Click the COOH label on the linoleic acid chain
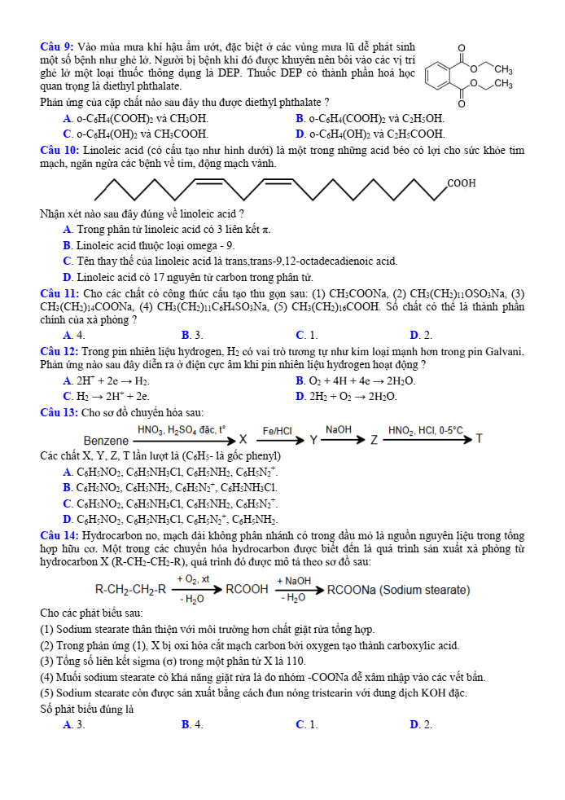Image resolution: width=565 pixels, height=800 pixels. tap(462, 183)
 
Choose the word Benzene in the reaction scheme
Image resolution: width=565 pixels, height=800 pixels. tap(106, 440)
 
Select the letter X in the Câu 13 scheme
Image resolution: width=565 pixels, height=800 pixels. tap(243, 440)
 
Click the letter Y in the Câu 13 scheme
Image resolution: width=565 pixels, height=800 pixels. tap(313, 440)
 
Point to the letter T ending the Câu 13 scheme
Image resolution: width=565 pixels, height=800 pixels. tap(480, 439)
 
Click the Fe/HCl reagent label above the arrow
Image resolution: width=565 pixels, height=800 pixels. tap(277, 430)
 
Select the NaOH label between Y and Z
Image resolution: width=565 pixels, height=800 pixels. tap(339, 429)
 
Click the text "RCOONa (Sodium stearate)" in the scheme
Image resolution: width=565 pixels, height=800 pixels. tap(398, 590)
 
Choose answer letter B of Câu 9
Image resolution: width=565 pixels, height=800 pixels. tap(300, 118)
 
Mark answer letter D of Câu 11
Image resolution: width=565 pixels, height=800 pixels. tap(414, 335)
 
